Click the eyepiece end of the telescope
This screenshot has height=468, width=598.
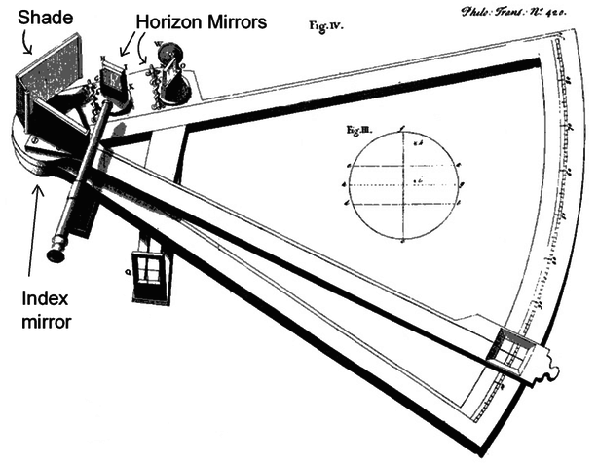[56, 254]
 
